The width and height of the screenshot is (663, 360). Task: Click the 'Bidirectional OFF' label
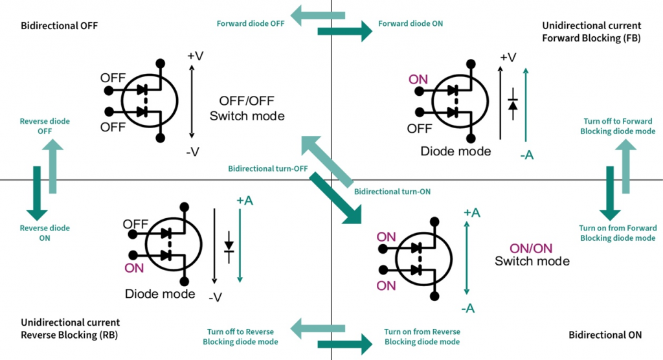[59, 26]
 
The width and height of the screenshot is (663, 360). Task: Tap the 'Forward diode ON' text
[410, 24]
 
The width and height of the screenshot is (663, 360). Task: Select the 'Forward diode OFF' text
[251, 24]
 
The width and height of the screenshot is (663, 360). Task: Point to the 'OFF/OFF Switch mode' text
[247, 108]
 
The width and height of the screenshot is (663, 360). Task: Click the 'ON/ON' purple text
[531, 249]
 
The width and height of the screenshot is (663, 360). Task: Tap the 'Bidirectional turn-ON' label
[392, 192]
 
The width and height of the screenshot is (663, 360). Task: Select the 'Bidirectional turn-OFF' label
[267, 169]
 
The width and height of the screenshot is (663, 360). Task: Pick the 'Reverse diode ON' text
[45, 233]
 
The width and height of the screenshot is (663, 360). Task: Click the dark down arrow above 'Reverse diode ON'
[37, 193]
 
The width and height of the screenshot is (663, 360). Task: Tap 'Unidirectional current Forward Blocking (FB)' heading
[592, 32]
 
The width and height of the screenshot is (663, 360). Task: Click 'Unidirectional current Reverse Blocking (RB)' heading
[70, 329]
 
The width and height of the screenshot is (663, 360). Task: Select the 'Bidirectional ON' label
[605, 335]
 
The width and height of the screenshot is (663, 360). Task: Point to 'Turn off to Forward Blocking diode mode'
[618, 126]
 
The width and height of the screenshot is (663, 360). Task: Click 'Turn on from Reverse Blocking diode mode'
[422, 337]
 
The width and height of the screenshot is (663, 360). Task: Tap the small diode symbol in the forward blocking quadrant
[513, 104]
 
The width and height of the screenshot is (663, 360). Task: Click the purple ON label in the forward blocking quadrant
[418, 80]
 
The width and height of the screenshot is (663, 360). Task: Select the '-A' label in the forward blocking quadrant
[527, 155]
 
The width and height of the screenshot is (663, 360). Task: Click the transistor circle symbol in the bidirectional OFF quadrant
[150, 100]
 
